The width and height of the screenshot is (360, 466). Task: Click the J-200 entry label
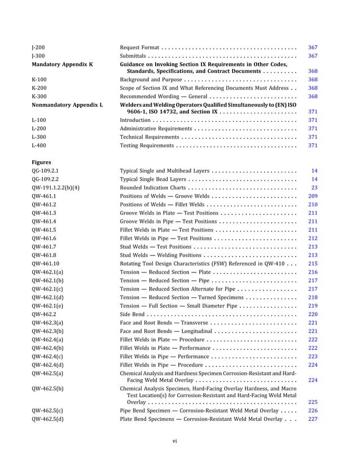[39, 47]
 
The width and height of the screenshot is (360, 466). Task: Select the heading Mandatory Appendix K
[62, 64]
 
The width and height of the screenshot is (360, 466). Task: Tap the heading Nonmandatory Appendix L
[68, 105]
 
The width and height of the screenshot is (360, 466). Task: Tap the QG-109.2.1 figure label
[46, 170]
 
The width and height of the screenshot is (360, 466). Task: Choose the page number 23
[314, 187]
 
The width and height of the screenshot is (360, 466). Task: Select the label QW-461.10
[49, 263]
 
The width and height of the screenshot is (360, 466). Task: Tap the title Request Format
[139, 47]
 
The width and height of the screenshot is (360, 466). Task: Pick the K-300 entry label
[39, 96]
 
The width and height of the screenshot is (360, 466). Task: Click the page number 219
[313, 305]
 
